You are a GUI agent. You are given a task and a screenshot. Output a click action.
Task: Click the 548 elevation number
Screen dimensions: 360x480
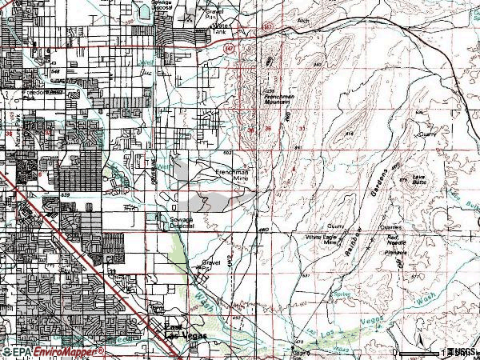point(55,71)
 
